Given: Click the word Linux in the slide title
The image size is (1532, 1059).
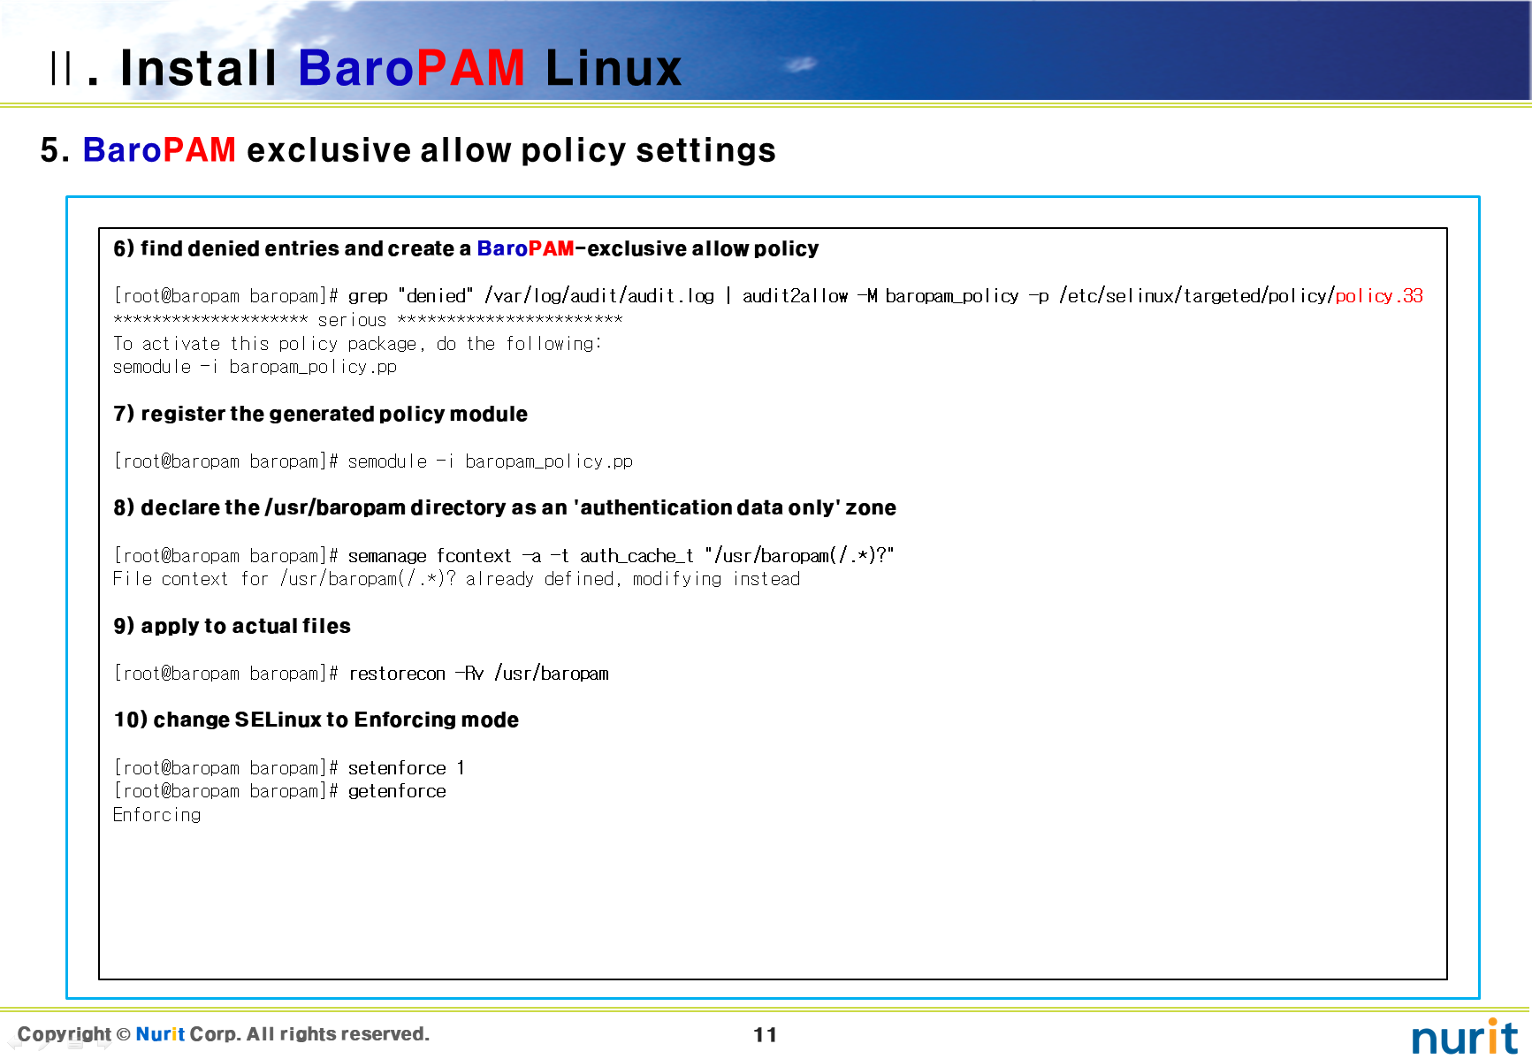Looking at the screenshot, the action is [614, 68].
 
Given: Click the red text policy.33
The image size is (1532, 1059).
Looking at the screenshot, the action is [1379, 296].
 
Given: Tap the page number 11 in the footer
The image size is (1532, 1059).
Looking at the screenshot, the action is [766, 1034].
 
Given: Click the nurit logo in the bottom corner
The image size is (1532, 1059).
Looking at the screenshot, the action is [1465, 1036].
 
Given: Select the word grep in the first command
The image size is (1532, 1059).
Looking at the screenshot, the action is [368, 297].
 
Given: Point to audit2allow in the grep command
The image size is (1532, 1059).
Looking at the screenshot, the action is [795, 296].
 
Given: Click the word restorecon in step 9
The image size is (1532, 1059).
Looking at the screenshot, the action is [397, 674].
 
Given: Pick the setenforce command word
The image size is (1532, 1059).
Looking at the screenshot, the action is [397, 768].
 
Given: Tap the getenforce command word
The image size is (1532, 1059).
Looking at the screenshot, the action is [397, 792].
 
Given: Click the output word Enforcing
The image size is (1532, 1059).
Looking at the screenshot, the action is [157, 815].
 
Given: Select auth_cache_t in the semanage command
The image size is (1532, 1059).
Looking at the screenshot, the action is [636, 556].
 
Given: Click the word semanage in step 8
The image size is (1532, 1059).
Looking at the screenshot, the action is [387, 556].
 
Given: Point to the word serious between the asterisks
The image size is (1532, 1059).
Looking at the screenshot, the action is [352, 320].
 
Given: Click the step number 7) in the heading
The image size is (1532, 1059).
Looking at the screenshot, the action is [124, 414].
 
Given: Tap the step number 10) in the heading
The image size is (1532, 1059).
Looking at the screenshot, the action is [130, 720].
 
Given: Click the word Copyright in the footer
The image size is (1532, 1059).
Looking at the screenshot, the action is [65, 1034].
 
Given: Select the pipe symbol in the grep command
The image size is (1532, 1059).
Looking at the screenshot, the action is [728, 296].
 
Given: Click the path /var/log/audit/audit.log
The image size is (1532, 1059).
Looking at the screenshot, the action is [599, 296].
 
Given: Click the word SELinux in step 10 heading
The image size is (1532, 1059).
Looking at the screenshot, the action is [278, 720].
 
